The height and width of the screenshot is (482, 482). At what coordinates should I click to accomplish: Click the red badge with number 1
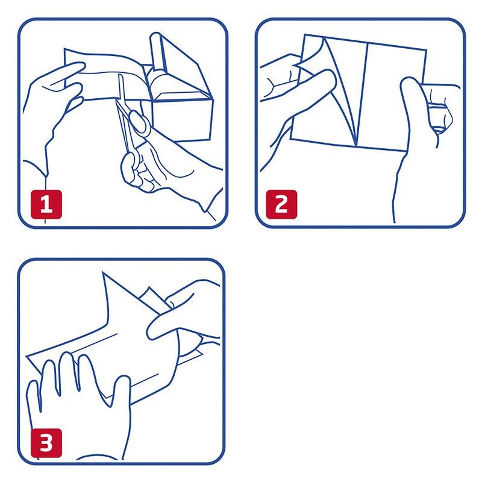click(46, 204)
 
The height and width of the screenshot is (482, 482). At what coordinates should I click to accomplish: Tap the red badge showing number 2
click(281, 204)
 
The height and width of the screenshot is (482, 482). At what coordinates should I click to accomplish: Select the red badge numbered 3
click(46, 443)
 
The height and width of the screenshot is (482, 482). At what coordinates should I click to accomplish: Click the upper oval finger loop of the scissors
click(140, 122)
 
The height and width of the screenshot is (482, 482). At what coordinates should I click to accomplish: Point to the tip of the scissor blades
click(120, 75)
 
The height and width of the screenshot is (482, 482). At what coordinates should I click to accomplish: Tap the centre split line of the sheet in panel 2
click(362, 95)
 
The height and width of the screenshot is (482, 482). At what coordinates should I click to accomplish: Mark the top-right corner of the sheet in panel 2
click(426, 50)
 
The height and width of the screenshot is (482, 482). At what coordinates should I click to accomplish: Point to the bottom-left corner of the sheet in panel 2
click(291, 139)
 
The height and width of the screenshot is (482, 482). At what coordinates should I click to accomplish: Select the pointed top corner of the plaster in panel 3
click(102, 272)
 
